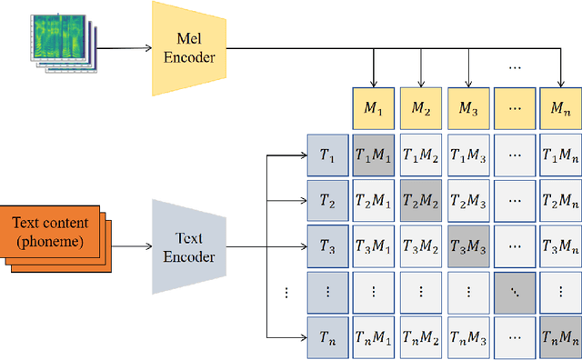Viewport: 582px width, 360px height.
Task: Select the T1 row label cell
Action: (x=326, y=155)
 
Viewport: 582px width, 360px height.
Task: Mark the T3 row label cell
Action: (x=326, y=245)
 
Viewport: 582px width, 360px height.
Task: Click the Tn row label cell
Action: (x=326, y=335)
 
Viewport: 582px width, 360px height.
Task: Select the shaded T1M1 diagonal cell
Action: (x=374, y=155)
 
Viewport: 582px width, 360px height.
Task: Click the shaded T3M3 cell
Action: (x=467, y=245)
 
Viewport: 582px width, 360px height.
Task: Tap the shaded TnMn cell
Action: (x=558, y=335)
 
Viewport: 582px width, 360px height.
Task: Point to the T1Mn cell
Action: (x=558, y=155)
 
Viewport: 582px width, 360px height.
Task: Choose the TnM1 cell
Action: (x=374, y=335)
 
